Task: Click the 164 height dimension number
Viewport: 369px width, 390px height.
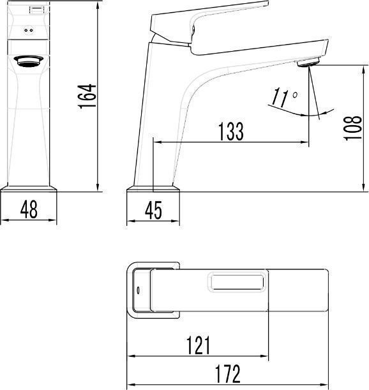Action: point(87,96)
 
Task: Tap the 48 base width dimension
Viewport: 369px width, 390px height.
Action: point(29,209)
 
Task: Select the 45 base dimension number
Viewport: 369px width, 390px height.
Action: point(153,210)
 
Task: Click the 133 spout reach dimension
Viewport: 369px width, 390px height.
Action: point(231,131)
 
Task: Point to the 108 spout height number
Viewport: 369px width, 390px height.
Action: point(352,128)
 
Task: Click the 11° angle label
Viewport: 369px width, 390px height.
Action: point(284,97)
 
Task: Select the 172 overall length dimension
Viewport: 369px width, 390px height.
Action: point(228,373)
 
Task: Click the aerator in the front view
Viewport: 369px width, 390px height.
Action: point(28,61)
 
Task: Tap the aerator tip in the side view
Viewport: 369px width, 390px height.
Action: point(308,62)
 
